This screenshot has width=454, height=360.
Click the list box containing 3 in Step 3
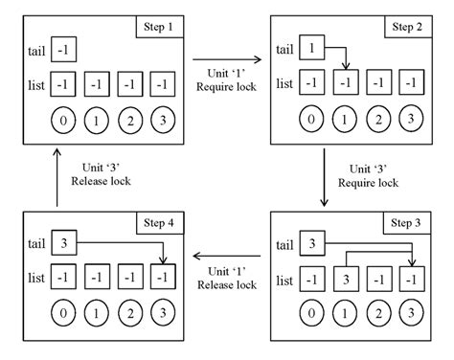pyautogui.click(x=346, y=281)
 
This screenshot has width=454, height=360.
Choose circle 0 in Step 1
pyautogui.click(x=62, y=121)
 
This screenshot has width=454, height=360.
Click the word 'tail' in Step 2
pyautogui.click(x=284, y=50)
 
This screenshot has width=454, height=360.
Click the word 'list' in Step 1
pyautogui.click(x=35, y=86)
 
